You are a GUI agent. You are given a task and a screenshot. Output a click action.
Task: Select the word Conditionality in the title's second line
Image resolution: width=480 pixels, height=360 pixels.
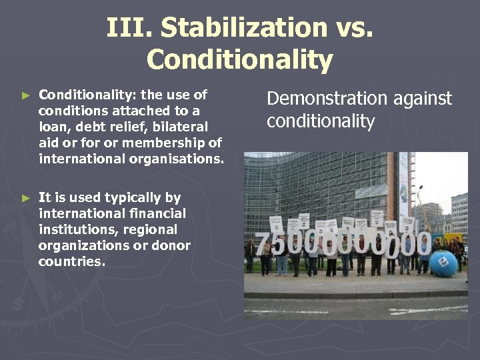(x=239, y=59)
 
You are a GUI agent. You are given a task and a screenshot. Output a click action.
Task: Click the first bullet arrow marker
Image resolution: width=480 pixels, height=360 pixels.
(x=26, y=95)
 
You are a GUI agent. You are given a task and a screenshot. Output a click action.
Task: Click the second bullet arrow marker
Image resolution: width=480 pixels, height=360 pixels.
(x=26, y=198)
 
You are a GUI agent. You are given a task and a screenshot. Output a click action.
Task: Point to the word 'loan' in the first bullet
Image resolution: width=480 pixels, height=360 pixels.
(x=51, y=127)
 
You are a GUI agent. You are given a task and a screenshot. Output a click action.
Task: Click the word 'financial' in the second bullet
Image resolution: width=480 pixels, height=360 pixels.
(x=157, y=213)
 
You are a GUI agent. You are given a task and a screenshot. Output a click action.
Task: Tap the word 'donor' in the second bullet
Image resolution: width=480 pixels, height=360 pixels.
(x=173, y=245)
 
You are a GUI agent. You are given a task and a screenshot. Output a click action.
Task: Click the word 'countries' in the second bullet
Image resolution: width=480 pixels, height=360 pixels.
(x=71, y=261)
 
